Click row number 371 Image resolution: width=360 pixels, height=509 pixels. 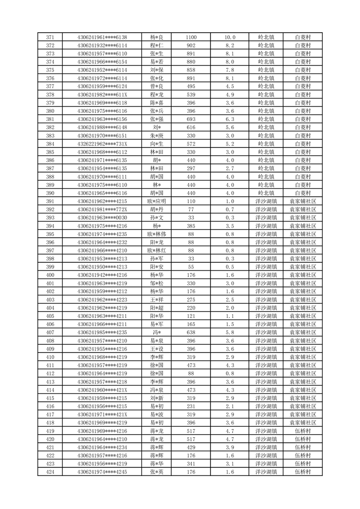tap(50, 37)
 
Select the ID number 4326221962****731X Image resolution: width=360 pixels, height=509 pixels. tap(102, 144)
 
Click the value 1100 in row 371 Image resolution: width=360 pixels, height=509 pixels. tap(191, 37)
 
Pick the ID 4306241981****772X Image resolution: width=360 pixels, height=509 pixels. tap(102, 210)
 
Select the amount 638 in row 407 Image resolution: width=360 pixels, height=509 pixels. tap(191, 333)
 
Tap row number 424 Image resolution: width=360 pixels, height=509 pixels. tap(50, 472)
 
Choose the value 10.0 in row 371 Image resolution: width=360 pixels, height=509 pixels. tap(230, 37)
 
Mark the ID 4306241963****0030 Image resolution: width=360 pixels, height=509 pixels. tap(102, 218)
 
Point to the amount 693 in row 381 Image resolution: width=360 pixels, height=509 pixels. tap(191, 119)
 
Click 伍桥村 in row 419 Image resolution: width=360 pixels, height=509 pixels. tap(302, 431)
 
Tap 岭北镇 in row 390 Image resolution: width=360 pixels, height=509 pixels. tap(266, 193)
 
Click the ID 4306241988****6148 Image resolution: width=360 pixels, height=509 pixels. tap(102, 127)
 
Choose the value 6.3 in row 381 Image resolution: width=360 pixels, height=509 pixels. tap(230, 119)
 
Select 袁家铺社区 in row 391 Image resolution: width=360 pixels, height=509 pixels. tap(302, 201)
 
